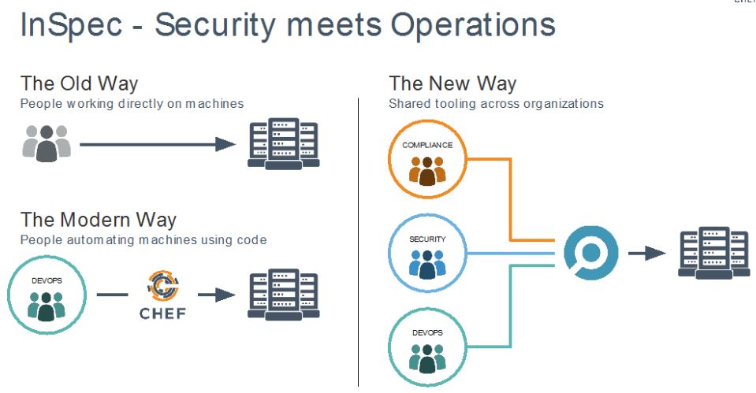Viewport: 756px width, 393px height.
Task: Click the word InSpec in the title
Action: click(71, 25)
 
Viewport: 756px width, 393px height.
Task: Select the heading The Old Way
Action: click(79, 83)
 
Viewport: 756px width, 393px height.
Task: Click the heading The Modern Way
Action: click(99, 220)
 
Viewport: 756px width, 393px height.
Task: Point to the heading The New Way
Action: click(452, 83)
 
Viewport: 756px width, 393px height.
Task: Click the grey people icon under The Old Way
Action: click(47, 143)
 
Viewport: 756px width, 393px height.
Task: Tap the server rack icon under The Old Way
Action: click(284, 143)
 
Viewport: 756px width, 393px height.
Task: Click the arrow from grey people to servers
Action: click(158, 144)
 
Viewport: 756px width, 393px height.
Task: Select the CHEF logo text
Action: click(162, 313)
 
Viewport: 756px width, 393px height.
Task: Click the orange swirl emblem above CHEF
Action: click(163, 287)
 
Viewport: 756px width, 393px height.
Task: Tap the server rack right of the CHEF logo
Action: click(284, 295)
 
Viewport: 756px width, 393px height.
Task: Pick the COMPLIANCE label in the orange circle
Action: click(427, 145)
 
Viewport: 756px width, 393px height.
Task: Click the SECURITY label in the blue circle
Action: click(427, 239)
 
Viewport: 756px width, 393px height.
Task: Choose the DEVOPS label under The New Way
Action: click(427, 333)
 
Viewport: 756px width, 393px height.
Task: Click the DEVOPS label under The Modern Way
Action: click(47, 280)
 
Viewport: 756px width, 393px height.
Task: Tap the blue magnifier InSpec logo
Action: click(591, 253)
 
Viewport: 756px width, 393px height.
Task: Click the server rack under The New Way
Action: click(713, 253)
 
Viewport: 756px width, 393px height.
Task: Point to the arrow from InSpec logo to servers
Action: click(647, 254)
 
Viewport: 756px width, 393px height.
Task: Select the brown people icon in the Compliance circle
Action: click(427, 171)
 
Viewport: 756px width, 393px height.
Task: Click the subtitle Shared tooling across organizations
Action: click(496, 103)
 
